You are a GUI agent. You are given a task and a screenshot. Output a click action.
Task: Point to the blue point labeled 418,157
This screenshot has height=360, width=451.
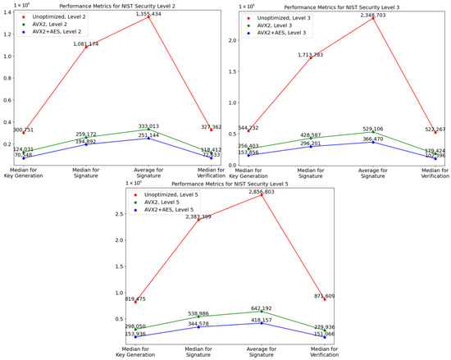point(262,322)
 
